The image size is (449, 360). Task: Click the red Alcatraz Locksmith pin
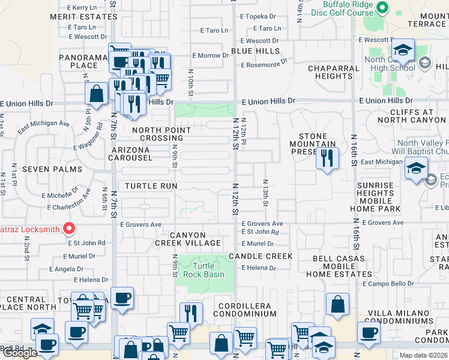coord(69,229)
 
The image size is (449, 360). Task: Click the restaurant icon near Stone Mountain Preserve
coord(327,158)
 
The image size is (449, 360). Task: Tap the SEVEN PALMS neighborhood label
coord(52,169)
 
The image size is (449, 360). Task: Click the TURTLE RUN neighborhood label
coord(151,186)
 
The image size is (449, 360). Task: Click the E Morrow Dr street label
coord(209,56)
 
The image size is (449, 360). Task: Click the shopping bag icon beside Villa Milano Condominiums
coord(338,304)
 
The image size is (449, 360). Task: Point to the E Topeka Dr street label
coord(258,17)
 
